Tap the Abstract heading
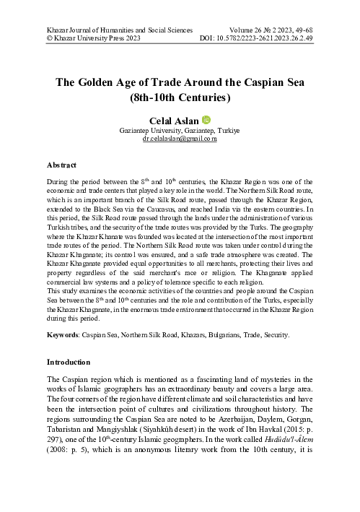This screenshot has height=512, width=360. point(65,165)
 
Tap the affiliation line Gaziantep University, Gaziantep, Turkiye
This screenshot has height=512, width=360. point(180,130)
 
